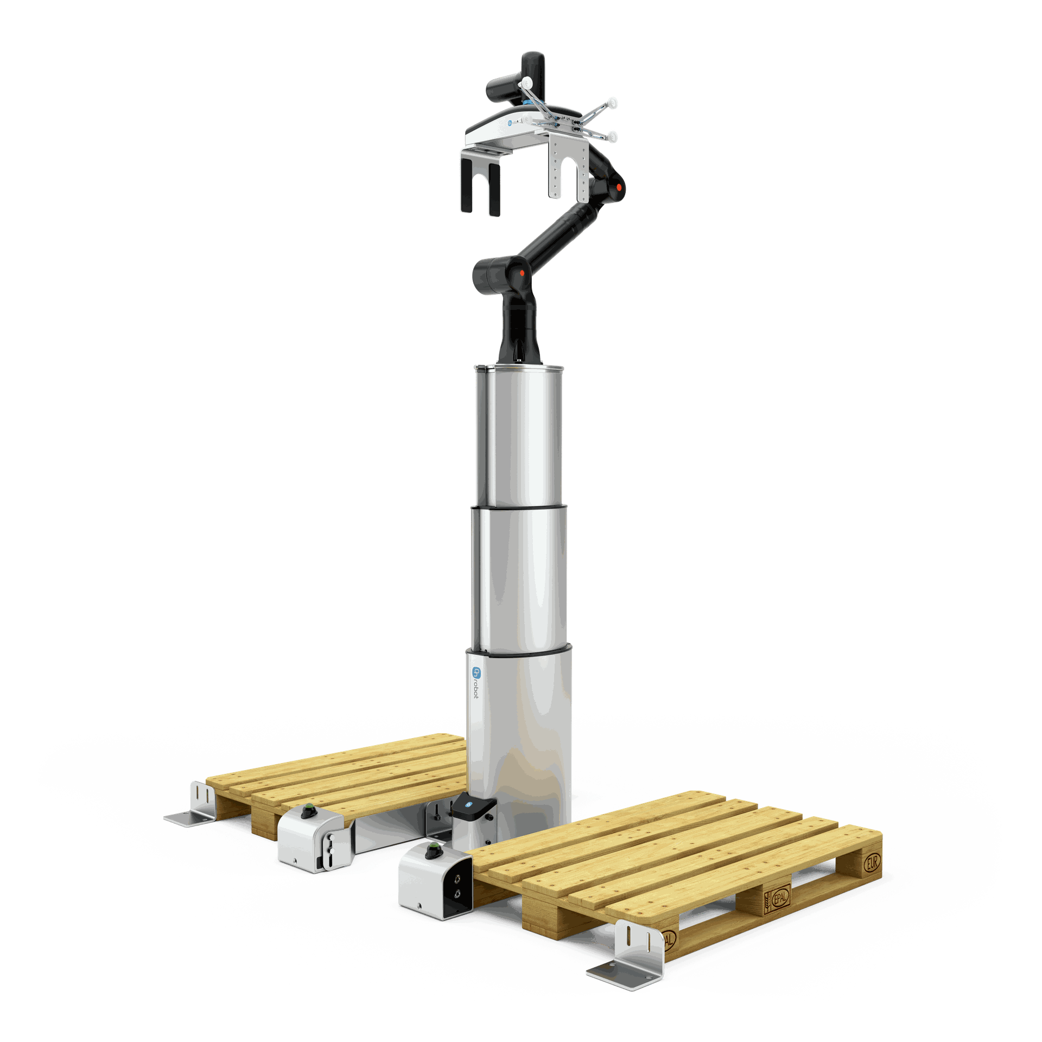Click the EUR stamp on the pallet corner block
point(871,862)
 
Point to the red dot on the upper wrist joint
point(618,187)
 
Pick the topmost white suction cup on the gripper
point(526,82)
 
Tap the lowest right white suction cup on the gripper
point(613,137)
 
